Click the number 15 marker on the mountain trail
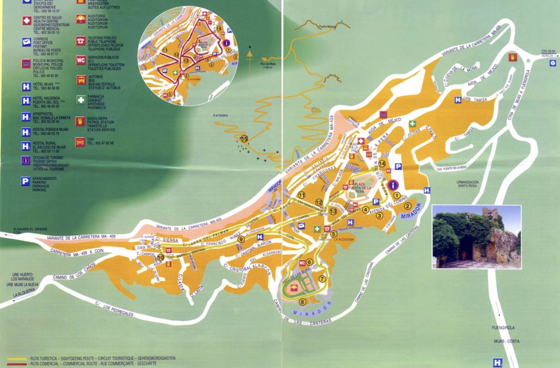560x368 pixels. [244, 139]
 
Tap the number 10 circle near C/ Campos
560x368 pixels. [160, 257]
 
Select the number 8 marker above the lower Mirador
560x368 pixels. [302, 302]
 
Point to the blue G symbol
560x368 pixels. [552, 63]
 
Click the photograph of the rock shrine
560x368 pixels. [476, 237]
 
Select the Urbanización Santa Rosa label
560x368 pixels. [467, 184]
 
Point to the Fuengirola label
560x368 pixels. [503, 328]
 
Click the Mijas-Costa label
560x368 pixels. [506, 341]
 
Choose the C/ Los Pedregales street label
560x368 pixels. [114, 309]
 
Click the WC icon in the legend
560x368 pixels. [81, 60]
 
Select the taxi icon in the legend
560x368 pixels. [80, 142]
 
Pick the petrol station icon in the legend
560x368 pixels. [80, 121]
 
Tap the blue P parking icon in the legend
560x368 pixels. [25, 181]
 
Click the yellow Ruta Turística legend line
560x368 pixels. [17, 359]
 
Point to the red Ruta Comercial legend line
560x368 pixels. [17, 364]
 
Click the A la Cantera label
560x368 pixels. [220, 115]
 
